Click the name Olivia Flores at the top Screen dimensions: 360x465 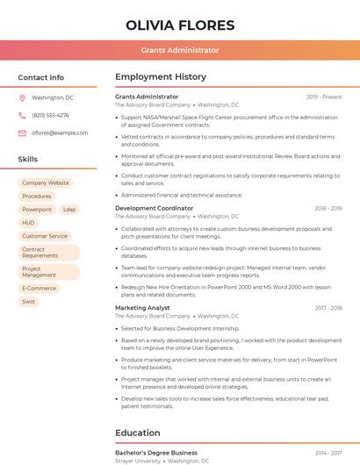pos(180,25)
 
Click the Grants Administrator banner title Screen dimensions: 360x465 pos(180,50)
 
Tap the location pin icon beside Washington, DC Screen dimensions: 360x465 pos(22,97)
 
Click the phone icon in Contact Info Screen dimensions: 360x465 pos(22,115)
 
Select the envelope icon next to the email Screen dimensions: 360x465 pos(22,133)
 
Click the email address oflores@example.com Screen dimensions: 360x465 pos(60,133)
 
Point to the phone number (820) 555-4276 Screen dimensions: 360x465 pos(50,115)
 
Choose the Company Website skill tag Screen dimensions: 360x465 pos(45,183)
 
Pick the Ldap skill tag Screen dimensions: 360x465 pos(69,210)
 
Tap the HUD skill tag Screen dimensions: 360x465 pos(29,223)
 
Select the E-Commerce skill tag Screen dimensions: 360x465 pos(39,288)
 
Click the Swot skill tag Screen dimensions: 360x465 pos(29,301)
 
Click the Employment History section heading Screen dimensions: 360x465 pos(160,77)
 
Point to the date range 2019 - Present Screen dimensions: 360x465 pos(324,97)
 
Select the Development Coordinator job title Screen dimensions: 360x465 pos(154,208)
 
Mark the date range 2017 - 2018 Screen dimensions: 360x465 pos(328,308)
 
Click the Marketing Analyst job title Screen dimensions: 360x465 pos(142,308)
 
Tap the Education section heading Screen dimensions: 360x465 pos(138,433)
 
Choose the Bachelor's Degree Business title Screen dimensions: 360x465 pos(156,453)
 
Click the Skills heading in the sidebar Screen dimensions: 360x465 pos(28,160)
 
